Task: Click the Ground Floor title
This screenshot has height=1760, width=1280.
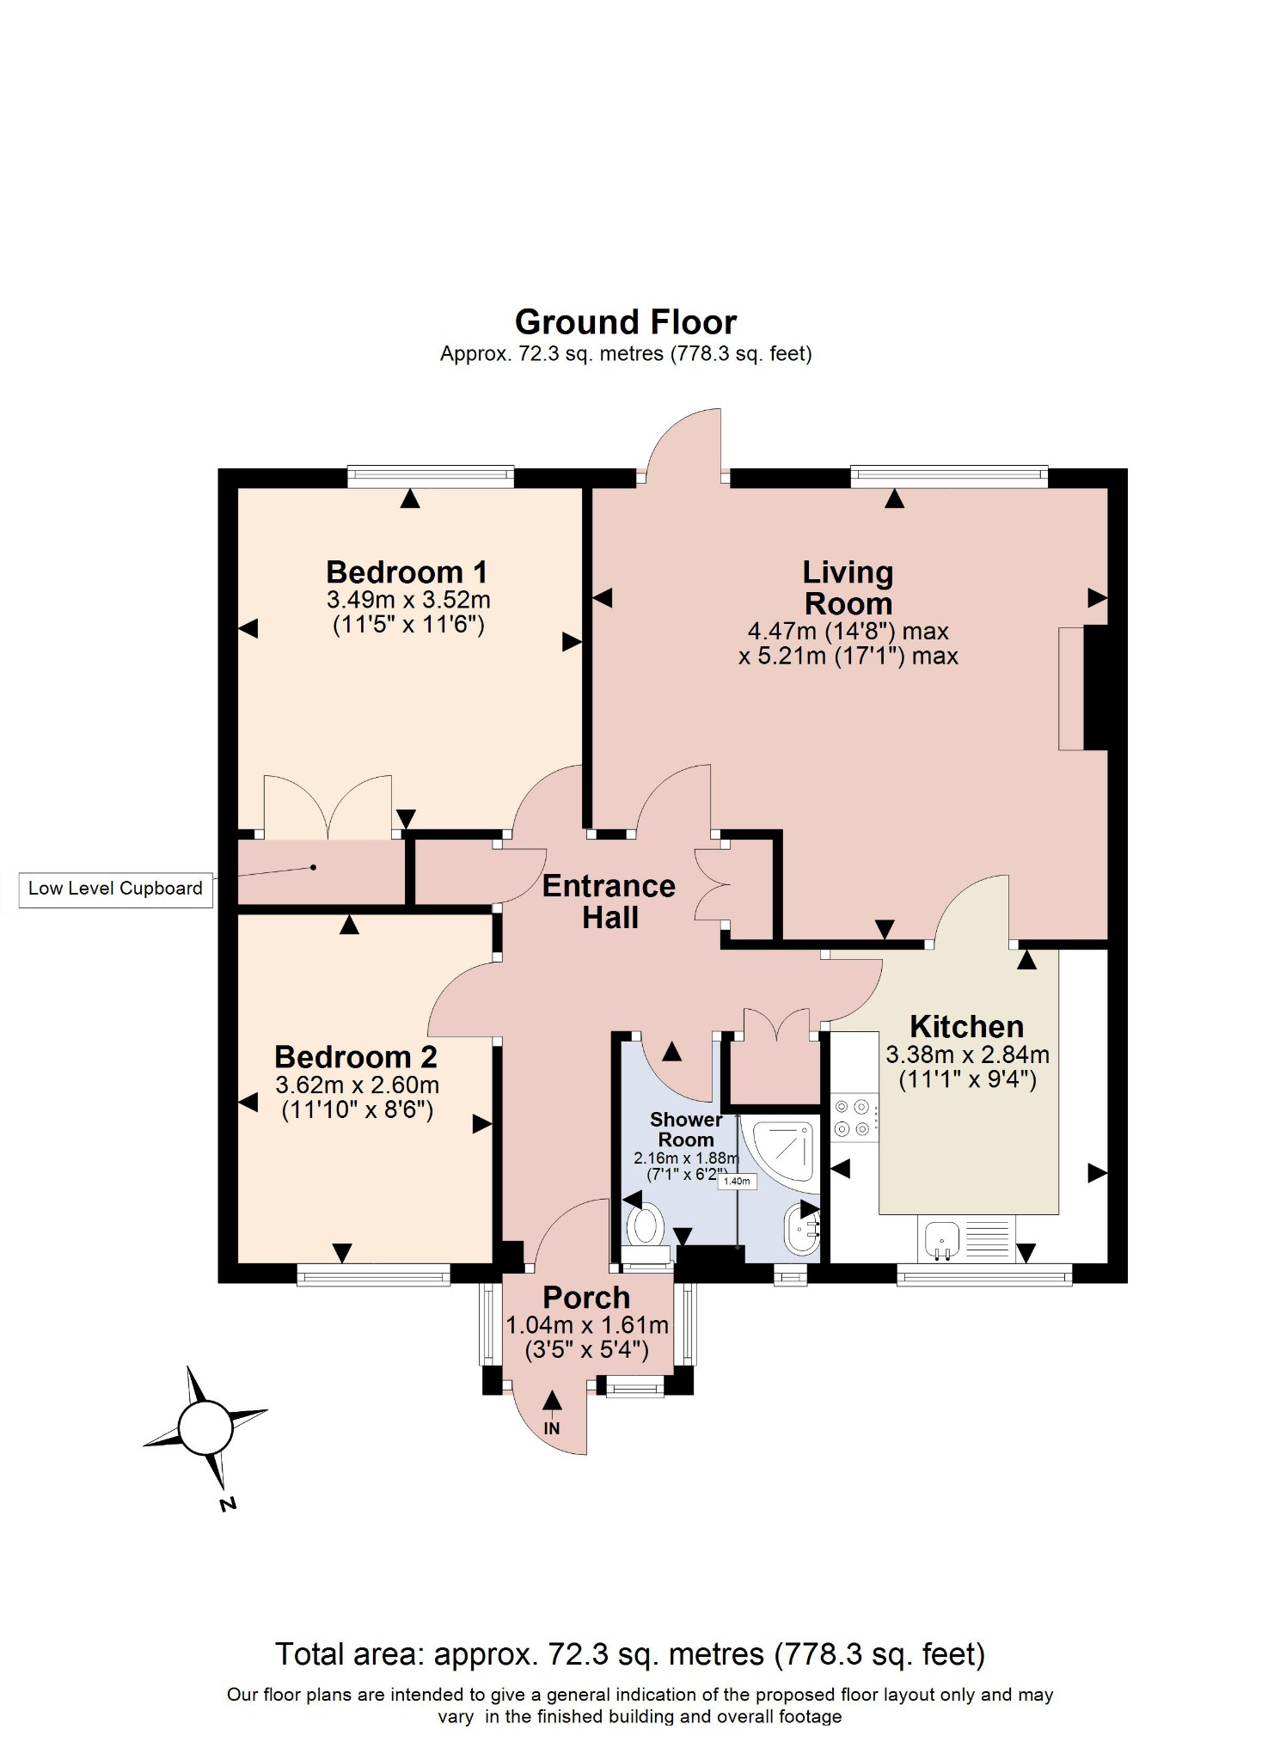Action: pyautogui.click(x=625, y=323)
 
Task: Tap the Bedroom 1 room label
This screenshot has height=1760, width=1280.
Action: pyautogui.click(x=407, y=572)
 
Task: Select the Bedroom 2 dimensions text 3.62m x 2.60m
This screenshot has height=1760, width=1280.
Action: pyautogui.click(x=357, y=1085)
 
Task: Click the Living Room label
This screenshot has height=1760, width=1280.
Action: pyautogui.click(x=848, y=588)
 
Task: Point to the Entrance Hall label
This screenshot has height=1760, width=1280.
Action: pyautogui.click(x=609, y=901)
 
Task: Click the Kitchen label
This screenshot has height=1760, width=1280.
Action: pyautogui.click(x=966, y=1027)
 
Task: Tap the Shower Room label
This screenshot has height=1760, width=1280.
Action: pyautogui.click(x=685, y=1129)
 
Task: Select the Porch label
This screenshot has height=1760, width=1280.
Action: pyautogui.click(x=586, y=1298)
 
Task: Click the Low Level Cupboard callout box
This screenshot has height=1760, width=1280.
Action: pyautogui.click(x=115, y=889)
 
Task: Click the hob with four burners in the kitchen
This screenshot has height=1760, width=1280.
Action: pyautogui.click(x=854, y=1118)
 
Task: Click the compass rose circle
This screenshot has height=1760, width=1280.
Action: pyautogui.click(x=205, y=1428)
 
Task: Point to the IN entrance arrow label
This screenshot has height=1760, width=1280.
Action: pyautogui.click(x=552, y=1428)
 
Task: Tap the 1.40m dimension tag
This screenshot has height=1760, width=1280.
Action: pyautogui.click(x=737, y=1181)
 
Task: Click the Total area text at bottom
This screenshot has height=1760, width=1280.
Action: pyautogui.click(x=629, y=1654)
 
